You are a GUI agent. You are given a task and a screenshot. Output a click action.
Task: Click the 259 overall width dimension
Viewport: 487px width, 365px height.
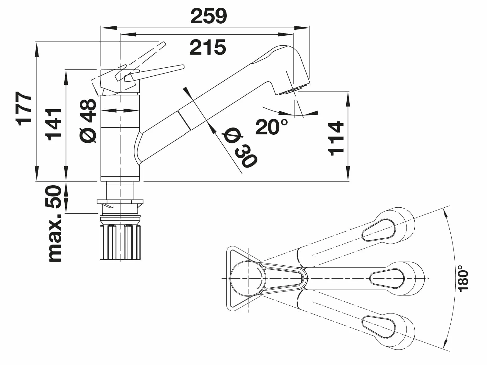click(209, 16)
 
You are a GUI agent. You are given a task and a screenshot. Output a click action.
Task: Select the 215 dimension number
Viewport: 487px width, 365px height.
click(208, 47)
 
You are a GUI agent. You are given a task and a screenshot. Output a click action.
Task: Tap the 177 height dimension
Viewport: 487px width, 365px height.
click(24, 109)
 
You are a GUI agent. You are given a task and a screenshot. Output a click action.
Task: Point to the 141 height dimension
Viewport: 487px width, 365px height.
click(53, 124)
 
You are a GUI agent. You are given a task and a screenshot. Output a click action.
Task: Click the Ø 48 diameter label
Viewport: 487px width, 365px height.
click(88, 121)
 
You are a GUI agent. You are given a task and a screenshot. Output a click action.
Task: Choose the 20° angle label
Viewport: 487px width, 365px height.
click(271, 127)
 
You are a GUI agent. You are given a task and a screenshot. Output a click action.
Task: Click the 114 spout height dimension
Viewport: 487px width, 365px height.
click(336, 138)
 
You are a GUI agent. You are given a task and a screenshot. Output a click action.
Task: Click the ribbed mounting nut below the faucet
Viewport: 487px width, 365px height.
click(120, 242)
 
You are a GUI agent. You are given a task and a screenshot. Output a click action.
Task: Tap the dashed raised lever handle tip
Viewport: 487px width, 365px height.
click(163, 44)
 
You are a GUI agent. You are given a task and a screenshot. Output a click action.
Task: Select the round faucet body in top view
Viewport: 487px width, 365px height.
click(248, 278)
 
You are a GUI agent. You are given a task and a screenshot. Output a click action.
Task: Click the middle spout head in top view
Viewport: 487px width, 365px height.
click(397, 279)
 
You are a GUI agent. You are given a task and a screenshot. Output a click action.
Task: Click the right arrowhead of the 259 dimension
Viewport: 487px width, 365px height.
click(302, 28)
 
